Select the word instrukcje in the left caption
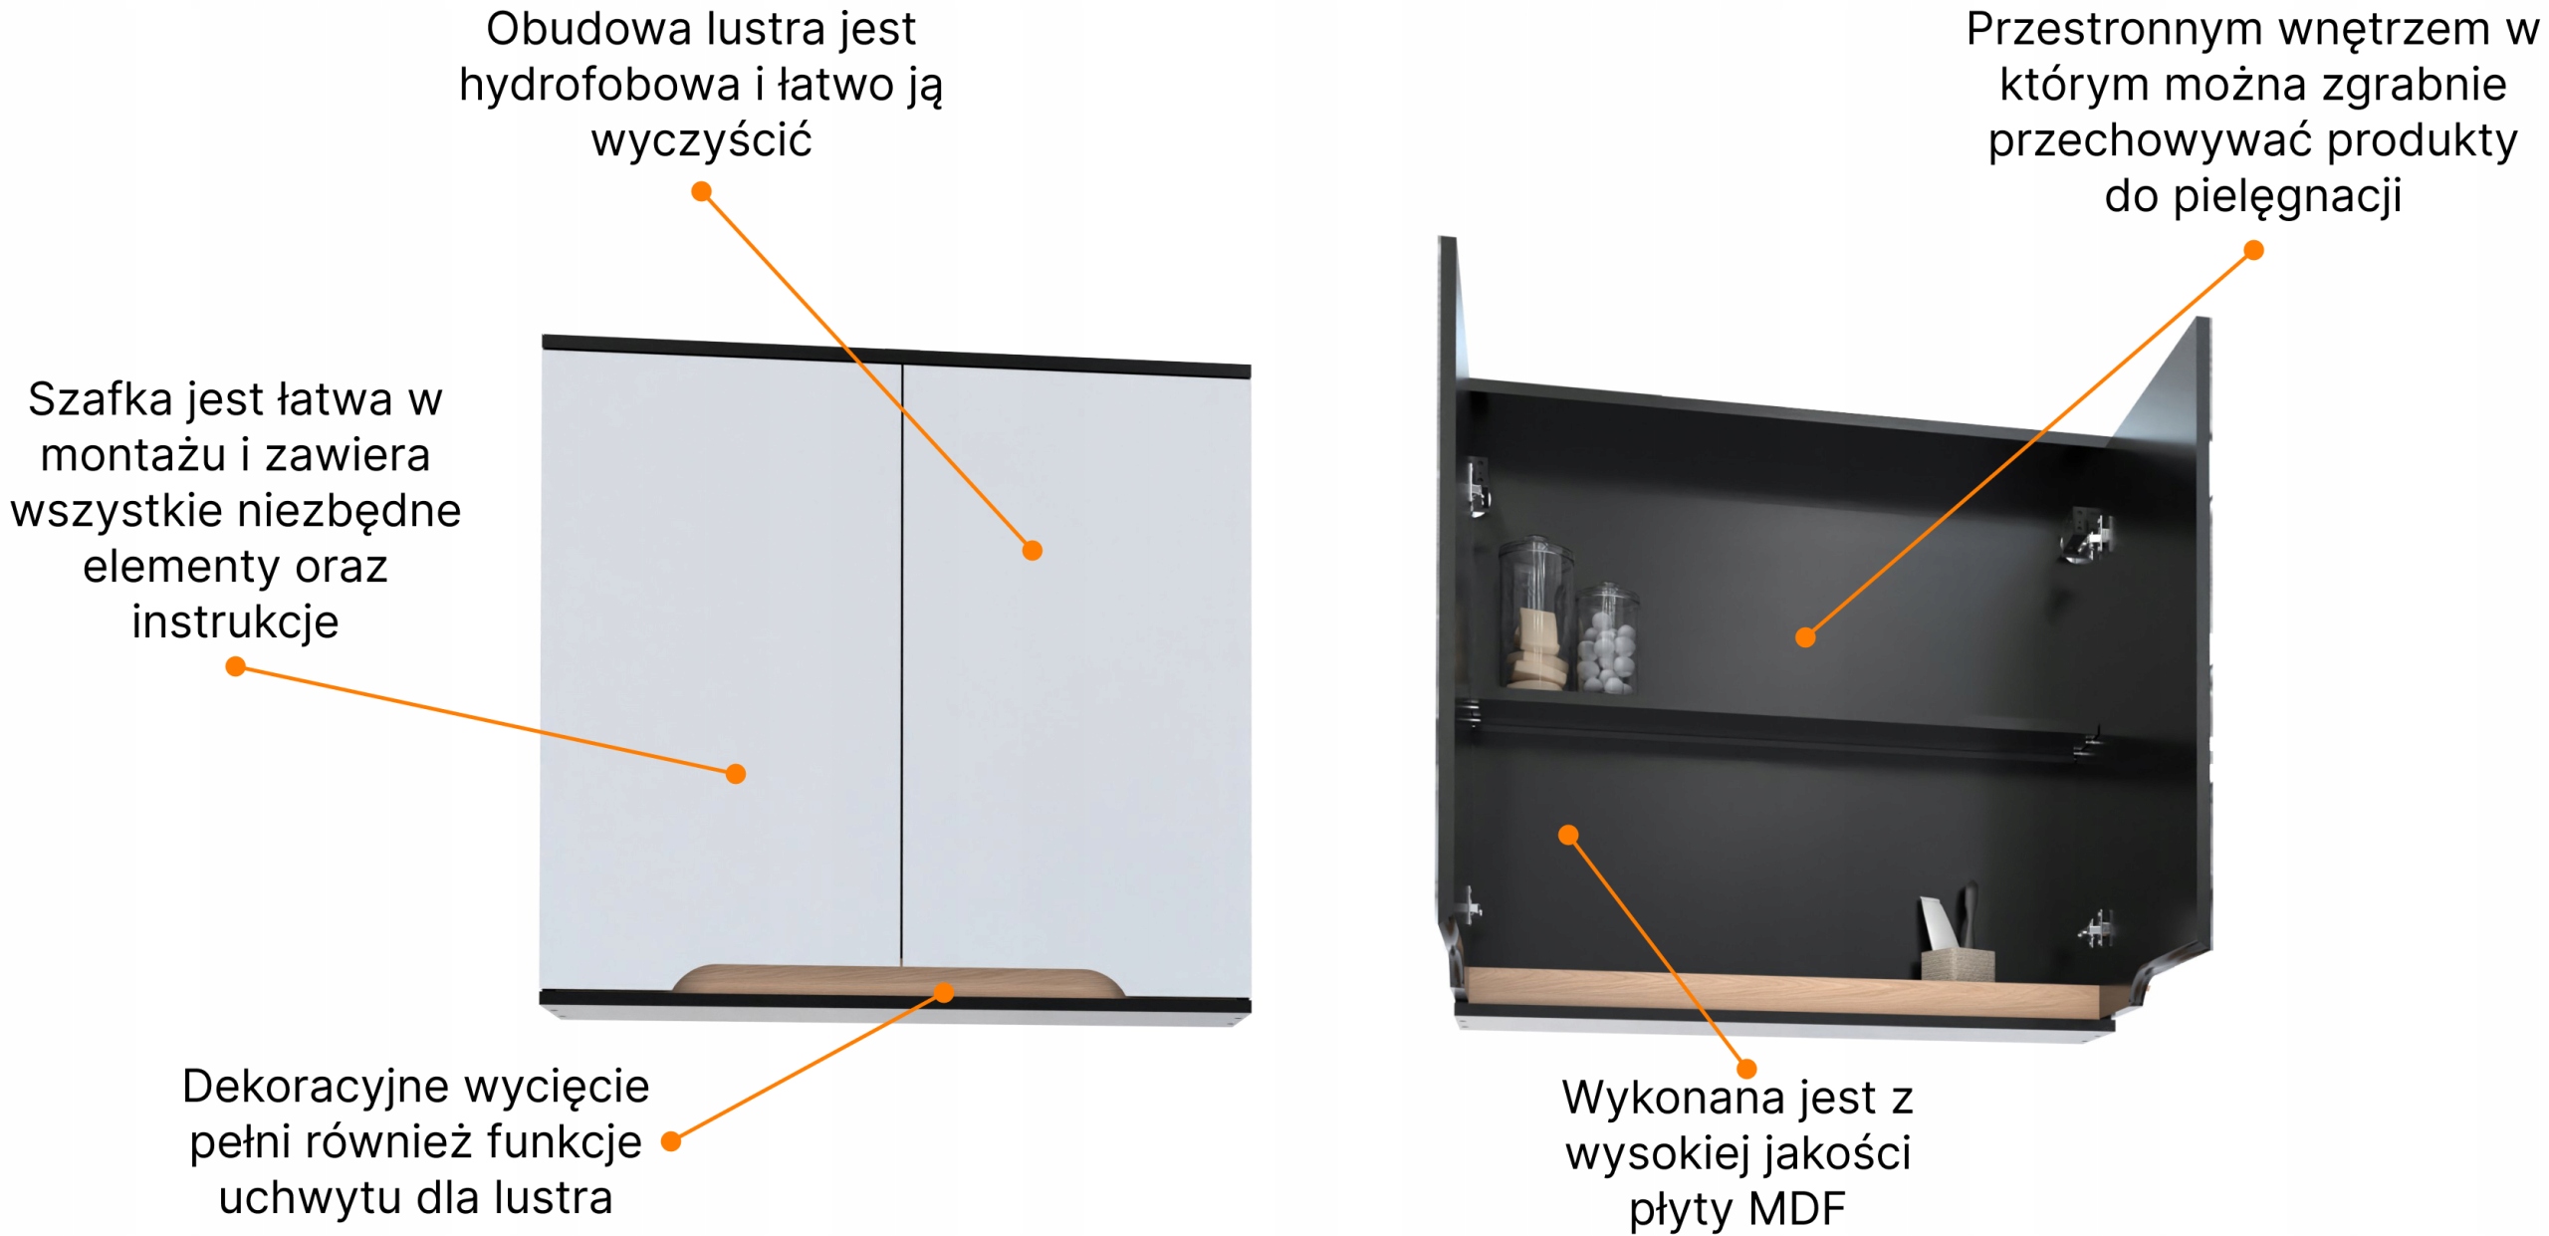(x=235, y=622)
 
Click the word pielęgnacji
(x=2287, y=196)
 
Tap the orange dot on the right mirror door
(x=1033, y=551)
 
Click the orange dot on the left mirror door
(x=736, y=774)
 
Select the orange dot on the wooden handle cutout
(x=944, y=992)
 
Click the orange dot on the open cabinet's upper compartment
(x=1805, y=637)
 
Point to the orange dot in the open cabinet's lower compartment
(x=1568, y=835)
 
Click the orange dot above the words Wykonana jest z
(x=1746, y=1069)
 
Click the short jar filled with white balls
(x=1606, y=639)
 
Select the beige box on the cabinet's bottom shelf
(x=1958, y=964)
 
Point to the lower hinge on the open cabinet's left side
(x=1467, y=906)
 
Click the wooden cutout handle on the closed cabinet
(x=899, y=980)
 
